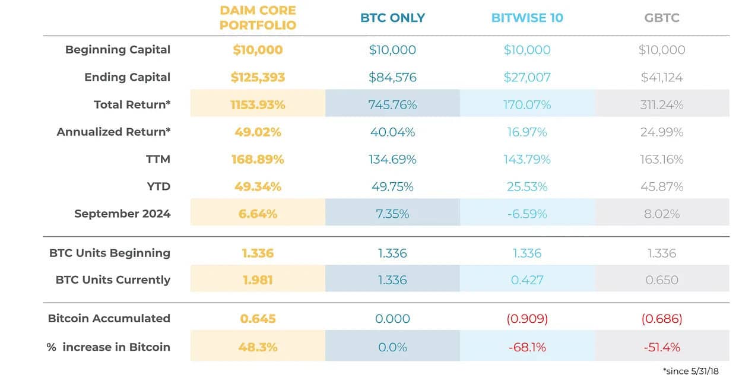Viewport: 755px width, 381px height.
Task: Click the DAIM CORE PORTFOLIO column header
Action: (x=258, y=18)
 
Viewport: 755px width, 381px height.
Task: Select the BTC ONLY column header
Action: (x=393, y=18)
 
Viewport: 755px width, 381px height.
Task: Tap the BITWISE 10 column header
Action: (x=527, y=18)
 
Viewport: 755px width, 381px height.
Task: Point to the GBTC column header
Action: (x=662, y=18)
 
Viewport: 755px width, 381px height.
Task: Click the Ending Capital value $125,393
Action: (x=258, y=78)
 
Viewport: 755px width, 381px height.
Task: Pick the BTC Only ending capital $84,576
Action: (x=393, y=78)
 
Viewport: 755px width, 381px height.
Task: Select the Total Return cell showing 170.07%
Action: (x=527, y=105)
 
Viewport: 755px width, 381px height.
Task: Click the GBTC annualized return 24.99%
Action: (x=662, y=132)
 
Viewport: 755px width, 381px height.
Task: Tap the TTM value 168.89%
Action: (x=258, y=159)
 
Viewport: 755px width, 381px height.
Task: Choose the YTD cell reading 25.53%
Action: (x=527, y=186)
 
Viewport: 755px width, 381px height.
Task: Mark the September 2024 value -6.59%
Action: (x=527, y=214)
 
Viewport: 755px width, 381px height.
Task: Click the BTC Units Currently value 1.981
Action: (x=258, y=280)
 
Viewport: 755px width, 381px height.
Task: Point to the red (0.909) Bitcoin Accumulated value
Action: (x=527, y=319)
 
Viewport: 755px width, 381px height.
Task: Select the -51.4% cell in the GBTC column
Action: (x=662, y=347)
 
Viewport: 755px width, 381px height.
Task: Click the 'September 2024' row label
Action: (x=122, y=214)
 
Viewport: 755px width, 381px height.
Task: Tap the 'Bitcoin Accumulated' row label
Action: (x=109, y=318)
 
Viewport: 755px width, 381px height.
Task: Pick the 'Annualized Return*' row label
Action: (x=113, y=132)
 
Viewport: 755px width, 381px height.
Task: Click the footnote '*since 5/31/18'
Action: (x=691, y=372)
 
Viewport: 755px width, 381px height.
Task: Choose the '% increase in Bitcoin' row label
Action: (x=109, y=347)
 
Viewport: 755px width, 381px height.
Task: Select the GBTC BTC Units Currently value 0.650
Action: (x=662, y=280)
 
